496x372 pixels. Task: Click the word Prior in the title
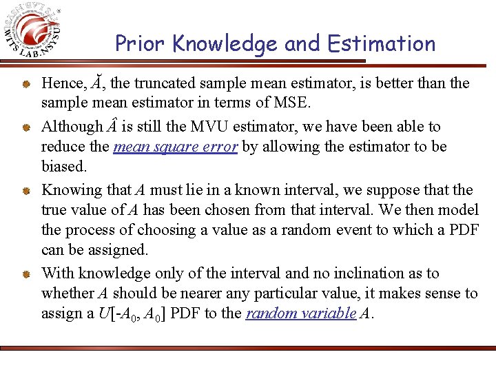pyautogui.click(x=141, y=44)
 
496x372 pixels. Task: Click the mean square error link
pyautogui.click(x=176, y=147)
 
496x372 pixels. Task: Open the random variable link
pyautogui.click(x=300, y=313)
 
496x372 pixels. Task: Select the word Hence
pyautogui.click(x=63, y=83)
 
